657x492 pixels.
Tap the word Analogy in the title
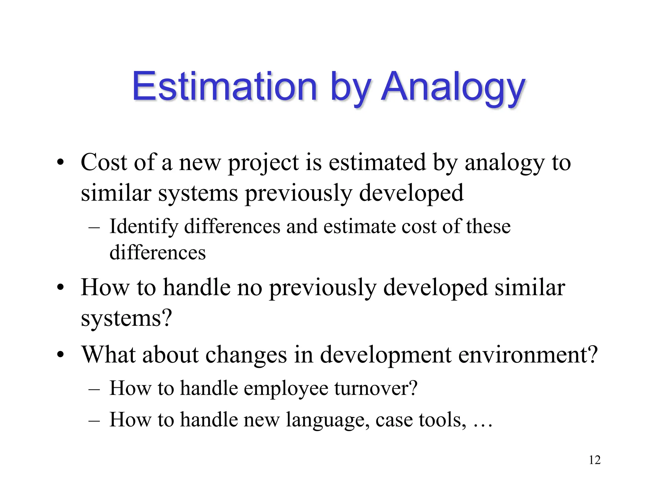(453, 87)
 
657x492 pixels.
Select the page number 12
(594, 460)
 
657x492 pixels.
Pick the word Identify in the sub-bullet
(144, 227)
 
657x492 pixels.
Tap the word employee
(286, 388)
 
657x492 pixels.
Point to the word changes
(246, 355)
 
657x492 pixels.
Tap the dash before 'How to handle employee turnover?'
(94, 389)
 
